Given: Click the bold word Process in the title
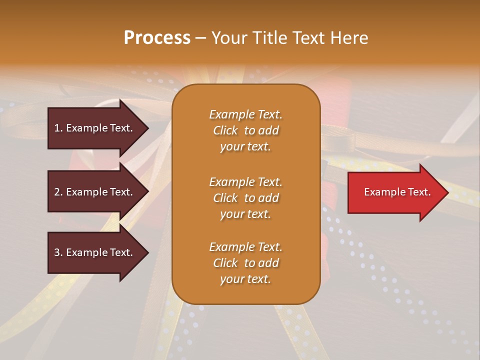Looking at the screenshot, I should pyautogui.click(x=157, y=38).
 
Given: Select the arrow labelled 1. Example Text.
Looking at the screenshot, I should pyautogui.click(x=95, y=128).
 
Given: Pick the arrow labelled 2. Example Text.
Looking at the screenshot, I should pyautogui.click(x=95, y=192).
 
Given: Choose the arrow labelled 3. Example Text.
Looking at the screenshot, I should pyautogui.click(x=95, y=252).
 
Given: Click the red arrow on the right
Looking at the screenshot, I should pyautogui.click(x=395, y=192).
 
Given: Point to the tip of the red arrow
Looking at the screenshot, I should pyautogui.click(x=447, y=192).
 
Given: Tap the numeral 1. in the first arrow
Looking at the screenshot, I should pyautogui.click(x=58, y=128).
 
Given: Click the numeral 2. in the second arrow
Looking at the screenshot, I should pyautogui.click(x=58, y=192).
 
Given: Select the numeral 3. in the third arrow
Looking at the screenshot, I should pyautogui.click(x=58, y=252).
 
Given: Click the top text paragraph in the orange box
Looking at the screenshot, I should pyautogui.click(x=245, y=130).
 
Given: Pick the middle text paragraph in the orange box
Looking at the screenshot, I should pyautogui.click(x=245, y=198).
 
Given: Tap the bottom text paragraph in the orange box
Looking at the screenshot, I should pyautogui.click(x=245, y=263).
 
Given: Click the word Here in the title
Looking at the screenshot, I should pyautogui.click(x=349, y=38).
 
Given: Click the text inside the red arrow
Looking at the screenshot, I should pyautogui.click(x=397, y=192).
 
